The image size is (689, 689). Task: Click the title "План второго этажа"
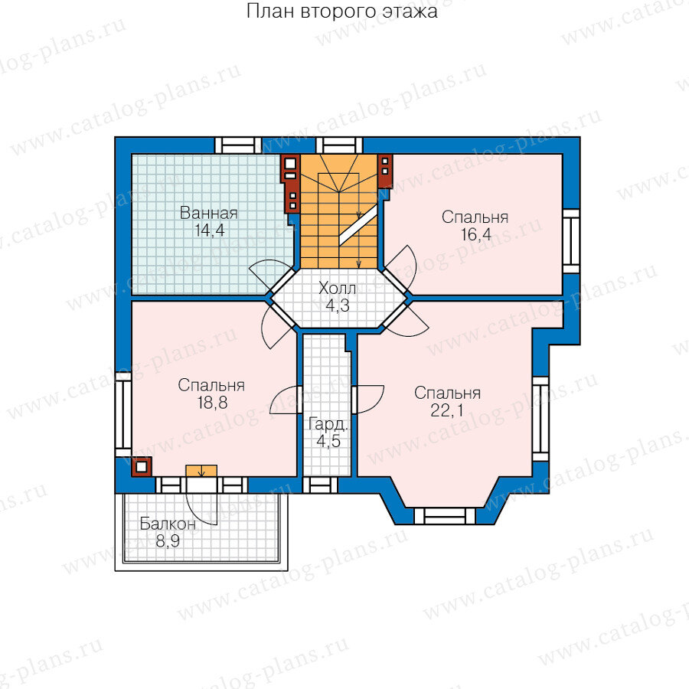[341, 11]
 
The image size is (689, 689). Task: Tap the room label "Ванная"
[209, 213]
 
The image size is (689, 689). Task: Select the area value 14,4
[209, 230]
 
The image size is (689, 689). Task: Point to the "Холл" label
[337, 289]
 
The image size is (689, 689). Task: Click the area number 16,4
[476, 234]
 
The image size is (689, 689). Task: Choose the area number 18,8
[212, 402]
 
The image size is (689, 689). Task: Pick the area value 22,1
[447, 410]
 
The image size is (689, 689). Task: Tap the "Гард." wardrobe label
[328, 424]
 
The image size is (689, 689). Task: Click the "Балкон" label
[168, 524]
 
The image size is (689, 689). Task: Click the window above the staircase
[339, 145]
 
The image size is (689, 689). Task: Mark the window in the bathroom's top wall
[238, 145]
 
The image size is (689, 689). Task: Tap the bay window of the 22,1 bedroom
[445, 516]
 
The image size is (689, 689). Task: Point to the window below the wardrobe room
[320, 485]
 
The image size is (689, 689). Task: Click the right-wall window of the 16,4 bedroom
[571, 241]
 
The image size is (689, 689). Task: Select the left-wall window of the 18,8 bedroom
[123, 415]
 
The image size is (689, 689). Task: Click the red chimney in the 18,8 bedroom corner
[142, 467]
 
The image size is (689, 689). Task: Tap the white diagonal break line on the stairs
[358, 225]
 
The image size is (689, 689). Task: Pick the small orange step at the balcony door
[201, 471]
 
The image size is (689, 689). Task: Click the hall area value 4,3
[338, 305]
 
